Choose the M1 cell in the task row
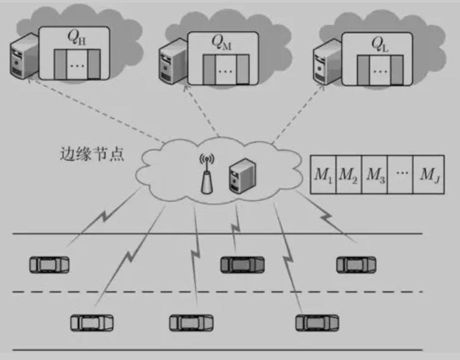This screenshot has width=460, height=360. point(323,174)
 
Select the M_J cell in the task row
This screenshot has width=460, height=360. point(429,174)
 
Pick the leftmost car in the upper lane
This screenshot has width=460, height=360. point(49,264)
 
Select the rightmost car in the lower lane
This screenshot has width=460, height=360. point(317,322)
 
